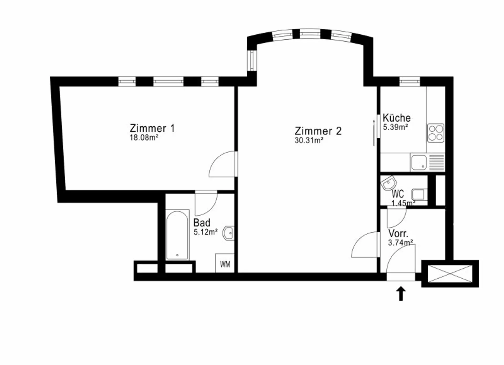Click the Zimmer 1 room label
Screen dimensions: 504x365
click(x=152, y=128)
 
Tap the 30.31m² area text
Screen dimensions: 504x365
click(x=309, y=140)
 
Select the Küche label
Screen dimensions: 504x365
click(x=397, y=118)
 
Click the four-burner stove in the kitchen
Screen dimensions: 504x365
click(x=436, y=133)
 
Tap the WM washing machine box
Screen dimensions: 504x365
click(x=225, y=263)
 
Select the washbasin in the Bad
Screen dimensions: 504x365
click(x=228, y=233)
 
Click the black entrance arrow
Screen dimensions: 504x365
click(x=401, y=294)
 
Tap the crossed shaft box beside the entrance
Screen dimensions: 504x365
click(x=450, y=274)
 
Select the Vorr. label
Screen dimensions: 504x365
click(x=398, y=233)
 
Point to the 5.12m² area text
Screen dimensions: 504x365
click(x=206, y=232)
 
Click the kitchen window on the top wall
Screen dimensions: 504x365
click(x=410, y=81)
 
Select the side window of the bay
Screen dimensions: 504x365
click(x=252, y=60)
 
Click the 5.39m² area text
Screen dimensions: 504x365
click(x=395, y=127)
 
